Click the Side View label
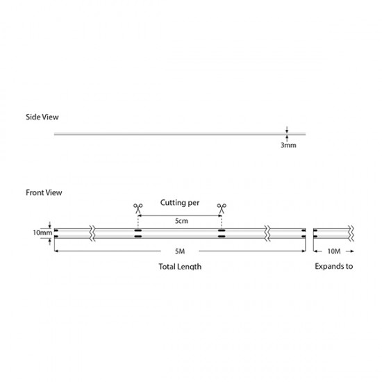pos(42,117)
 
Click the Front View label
pos(44,192)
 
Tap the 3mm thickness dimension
pos(288,145)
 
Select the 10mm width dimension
pos(42,233)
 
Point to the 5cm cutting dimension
pos(181,221)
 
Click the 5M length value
pos(180,251)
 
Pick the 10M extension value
pos(334,251)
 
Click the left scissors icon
pos(138,208)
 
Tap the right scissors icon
pos(222,208)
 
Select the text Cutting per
pos(180,203)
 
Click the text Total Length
pos(180,267)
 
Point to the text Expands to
pos(334,266)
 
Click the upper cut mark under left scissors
pos(138,230)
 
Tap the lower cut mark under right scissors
pos(222,236)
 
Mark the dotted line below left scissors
pos(138,222)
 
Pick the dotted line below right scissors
pos(222,222)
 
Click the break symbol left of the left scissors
pos(92,233)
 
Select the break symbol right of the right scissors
pos(267,233)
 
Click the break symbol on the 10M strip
pos(351,233)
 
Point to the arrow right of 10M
pos(350,251)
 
